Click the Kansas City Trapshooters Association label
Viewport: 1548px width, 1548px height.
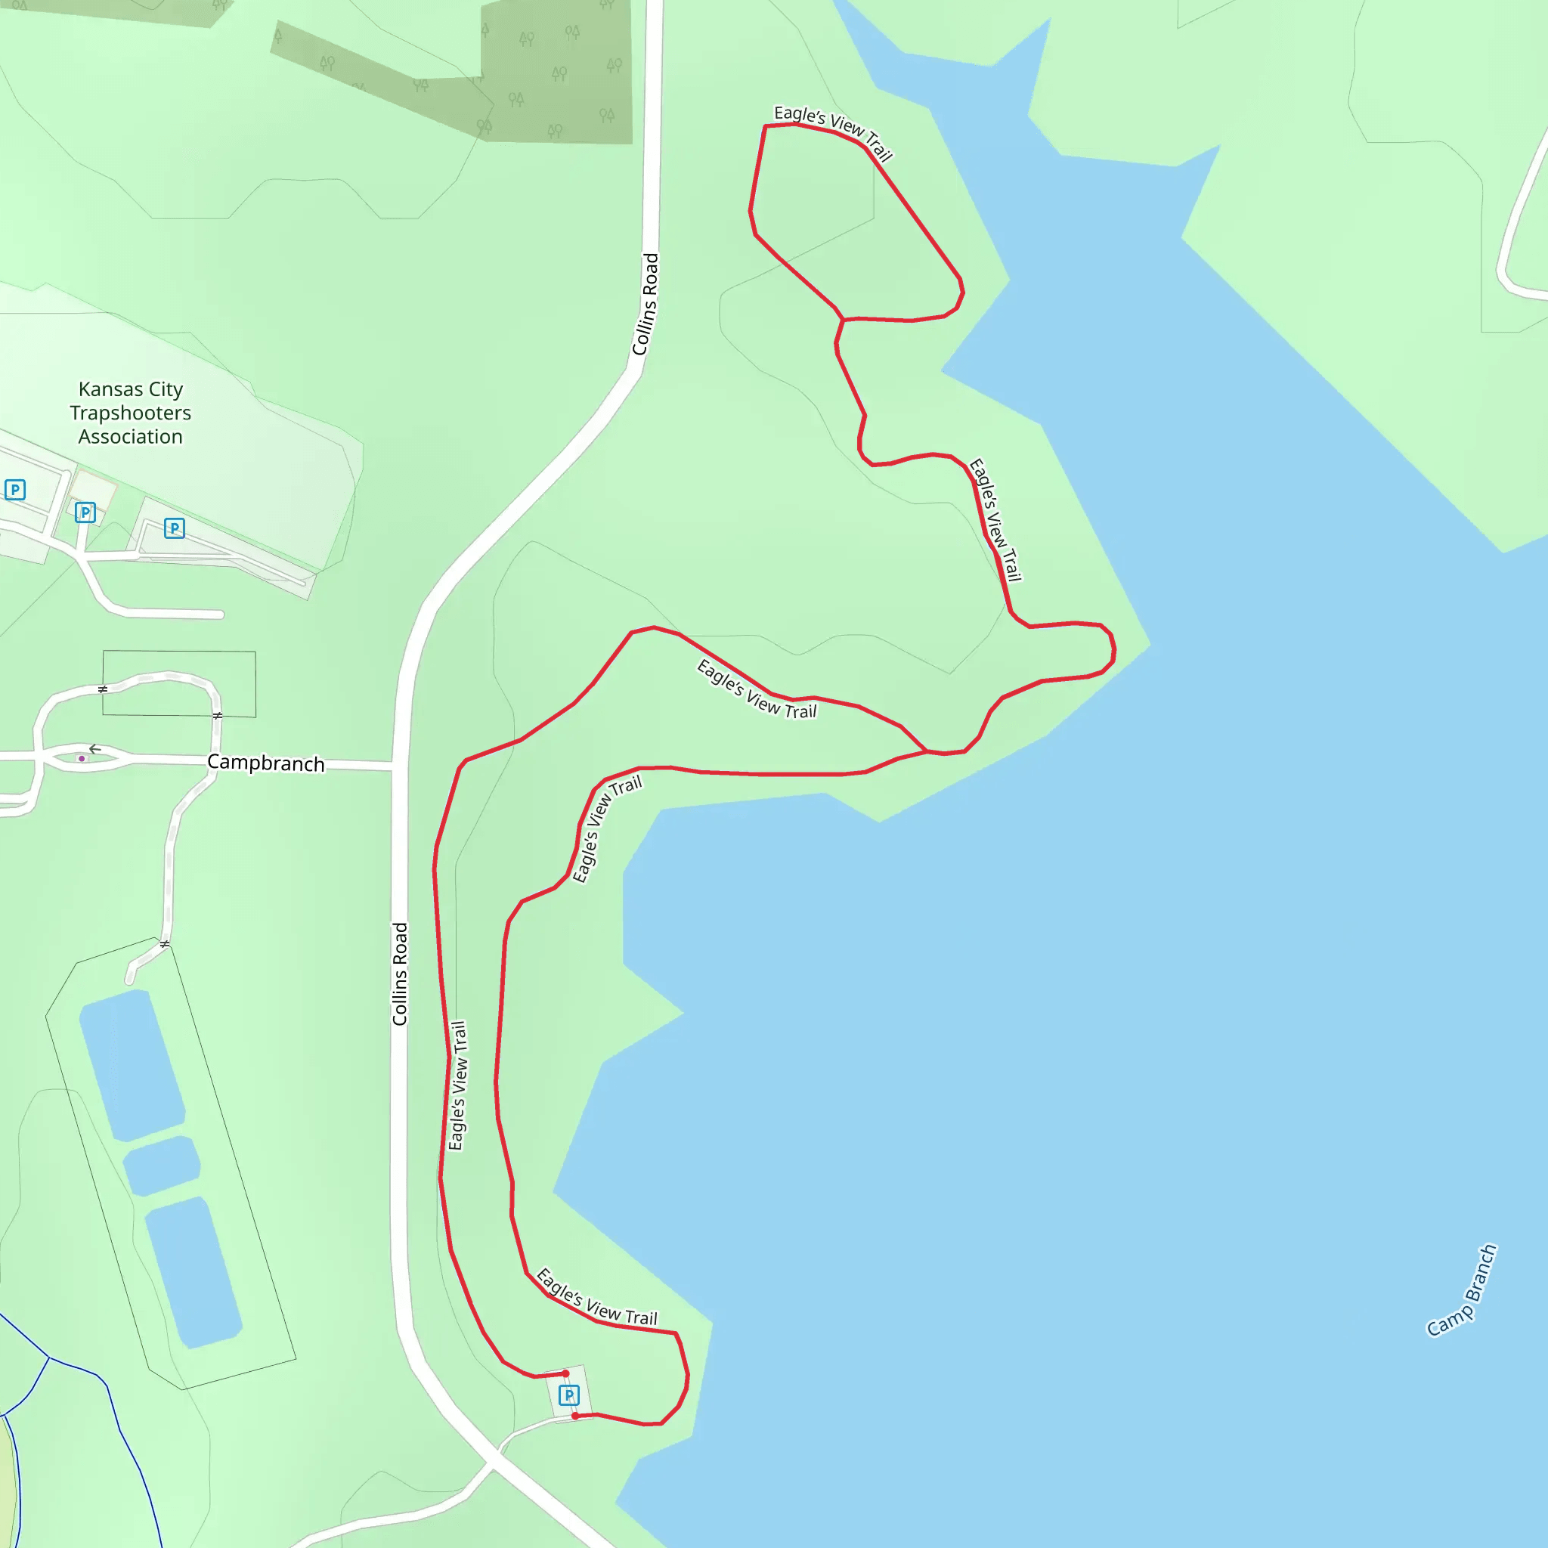131,413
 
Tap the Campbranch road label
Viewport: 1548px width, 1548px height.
266,763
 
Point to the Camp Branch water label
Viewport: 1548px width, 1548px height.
1462,1291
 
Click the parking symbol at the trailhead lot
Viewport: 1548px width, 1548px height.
568,1395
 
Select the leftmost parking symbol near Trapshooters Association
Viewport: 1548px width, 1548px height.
15,490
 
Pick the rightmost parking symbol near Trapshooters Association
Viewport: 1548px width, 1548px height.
174,528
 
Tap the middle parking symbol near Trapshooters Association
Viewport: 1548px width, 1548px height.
85,512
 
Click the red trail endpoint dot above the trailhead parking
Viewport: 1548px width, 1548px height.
565,1373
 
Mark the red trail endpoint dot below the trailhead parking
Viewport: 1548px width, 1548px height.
574,1416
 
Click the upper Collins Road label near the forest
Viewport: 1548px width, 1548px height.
646,305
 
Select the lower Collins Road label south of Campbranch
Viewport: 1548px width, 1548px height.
400,974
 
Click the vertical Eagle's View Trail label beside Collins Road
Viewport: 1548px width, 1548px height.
457,1085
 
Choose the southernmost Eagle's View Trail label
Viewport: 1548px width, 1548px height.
597,1297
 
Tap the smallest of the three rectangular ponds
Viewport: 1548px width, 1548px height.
162,1165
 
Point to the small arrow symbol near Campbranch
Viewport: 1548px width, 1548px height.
94,749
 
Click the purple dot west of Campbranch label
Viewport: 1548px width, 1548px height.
82,759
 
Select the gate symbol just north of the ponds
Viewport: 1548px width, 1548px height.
164,944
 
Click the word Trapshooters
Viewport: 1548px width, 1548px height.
131,413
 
